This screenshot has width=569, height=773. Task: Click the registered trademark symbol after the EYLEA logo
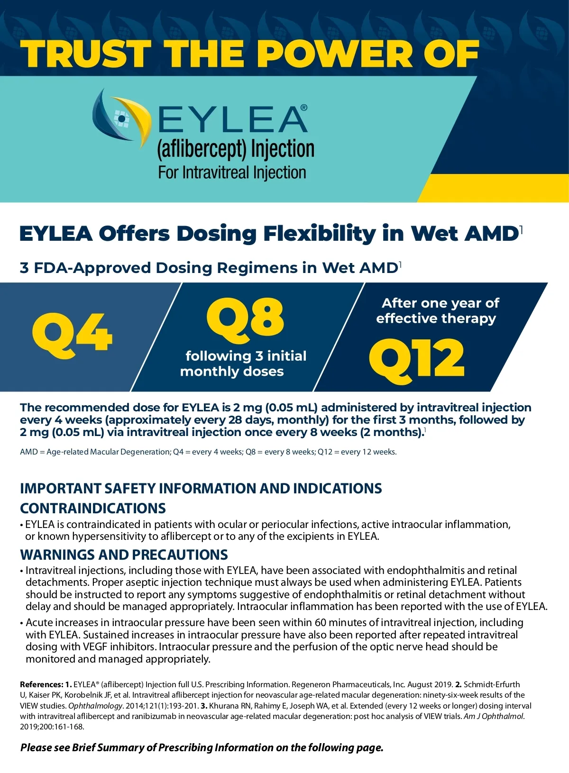pyautogui.click(x=304, y=108)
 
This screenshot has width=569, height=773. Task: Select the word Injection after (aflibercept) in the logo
pyautogui.click(x=283, y=149)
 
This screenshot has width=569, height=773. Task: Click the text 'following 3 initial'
pyautogui.click(x=246, y=356)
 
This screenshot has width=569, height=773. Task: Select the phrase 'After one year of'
pyautogui.click(x=440, y=303)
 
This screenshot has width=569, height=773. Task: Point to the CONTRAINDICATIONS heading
pyautogui.click(x=93, y=508)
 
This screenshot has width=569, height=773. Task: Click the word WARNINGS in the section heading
pyautogui.click(x=51, y=555)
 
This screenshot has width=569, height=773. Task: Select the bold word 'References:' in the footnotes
pyautogui.click(x=41, y=684)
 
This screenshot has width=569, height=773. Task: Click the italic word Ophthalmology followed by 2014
pyautogui.click(x=95, y=706)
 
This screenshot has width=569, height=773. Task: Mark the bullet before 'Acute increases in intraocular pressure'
pyautogui.click(x=22, y=623)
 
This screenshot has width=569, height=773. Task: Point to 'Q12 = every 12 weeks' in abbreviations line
pyautogui.click(x=357, y=452)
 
